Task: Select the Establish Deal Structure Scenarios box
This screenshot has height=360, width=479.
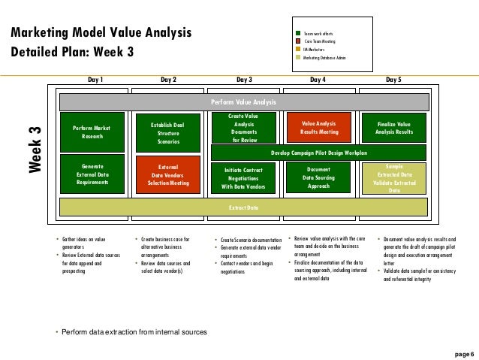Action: (168, 132)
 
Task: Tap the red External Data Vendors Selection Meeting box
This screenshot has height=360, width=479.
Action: (168, 174)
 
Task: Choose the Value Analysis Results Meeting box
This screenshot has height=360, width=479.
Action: (318, 127)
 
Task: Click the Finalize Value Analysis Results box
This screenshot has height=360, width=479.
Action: (393, 127)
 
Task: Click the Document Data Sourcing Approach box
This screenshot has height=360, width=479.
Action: (318, 178)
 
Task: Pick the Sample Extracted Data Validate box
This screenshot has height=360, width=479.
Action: (393, 178)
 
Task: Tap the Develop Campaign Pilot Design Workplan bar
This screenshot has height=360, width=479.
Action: (318, 152)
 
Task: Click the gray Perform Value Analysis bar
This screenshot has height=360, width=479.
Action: (243, 101)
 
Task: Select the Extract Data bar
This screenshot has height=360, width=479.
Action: (243, 207)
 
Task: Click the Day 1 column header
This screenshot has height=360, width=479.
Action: (95, 78)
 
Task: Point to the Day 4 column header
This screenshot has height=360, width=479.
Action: (318, 78)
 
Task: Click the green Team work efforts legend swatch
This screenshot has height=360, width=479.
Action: (298, 33)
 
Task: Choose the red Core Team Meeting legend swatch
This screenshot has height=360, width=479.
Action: (298, 41)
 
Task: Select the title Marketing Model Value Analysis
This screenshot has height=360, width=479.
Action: (101, 33)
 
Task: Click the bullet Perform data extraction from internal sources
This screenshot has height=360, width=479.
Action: (134, 331)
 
